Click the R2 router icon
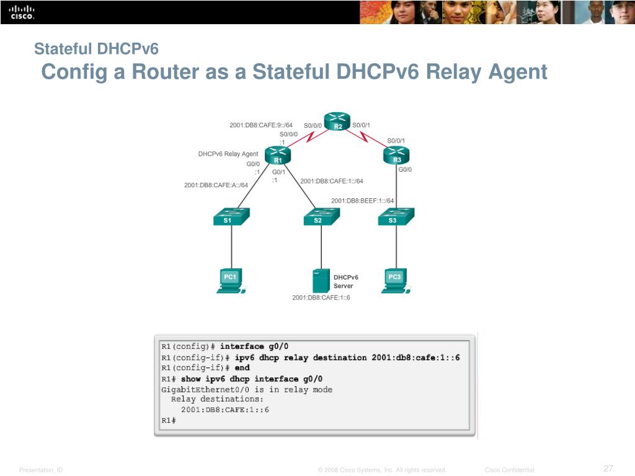(x=337, y=121)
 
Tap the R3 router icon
(x=397, y=155)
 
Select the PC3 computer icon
(x=396, y=280)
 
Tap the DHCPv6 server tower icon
(x=321, y=281)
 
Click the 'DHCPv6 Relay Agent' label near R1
(x=228, y=154)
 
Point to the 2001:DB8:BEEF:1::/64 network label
(x=362, y=200)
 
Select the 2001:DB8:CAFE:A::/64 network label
(x=216, y=185)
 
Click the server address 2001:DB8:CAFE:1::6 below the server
(x=321, y=297)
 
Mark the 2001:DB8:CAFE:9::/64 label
(x=260, y=125)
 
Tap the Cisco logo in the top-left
(x=21, y=12)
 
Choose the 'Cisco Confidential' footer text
(x=509, y=470)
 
